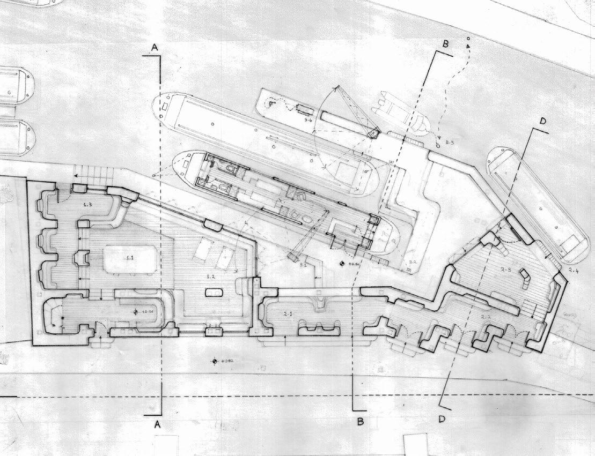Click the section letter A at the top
pyautogui.click(x=155, y=48)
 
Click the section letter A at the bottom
pyautogui.click(x=157, y=424)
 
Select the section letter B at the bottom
pyautogui.click(x=361, y=422)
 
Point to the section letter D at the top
pyautogui.click(x=542, y=122)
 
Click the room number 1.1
pyautogui.click(x=129, y=258)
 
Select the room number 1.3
pyautogui.click(x=89, y=204)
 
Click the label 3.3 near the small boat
pyautogui.click(x=450, y=143)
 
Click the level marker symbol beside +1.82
pyautogui.click(x=214, y=362)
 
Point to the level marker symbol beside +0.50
pyautogui.click(x=342, y=264)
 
